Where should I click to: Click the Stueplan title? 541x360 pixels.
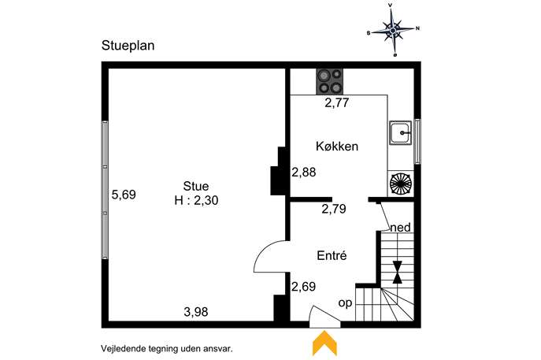[128, 46]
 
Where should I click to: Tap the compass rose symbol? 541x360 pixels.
[393, 31]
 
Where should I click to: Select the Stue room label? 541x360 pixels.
[196, 187]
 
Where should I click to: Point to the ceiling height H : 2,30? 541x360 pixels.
[196, 201]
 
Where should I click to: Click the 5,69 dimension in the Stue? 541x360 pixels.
[124, 195]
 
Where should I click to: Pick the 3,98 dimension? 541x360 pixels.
[196, 312]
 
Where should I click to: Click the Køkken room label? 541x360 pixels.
[337, 147]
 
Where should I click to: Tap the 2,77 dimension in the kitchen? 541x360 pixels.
[337, 103]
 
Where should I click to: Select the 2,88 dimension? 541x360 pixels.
[304, 173]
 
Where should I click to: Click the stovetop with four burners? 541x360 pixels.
[330, 81]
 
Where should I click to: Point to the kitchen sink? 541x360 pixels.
[401, 132]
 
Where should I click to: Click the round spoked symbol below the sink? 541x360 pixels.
[400, 184]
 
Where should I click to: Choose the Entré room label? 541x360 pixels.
[332, 256]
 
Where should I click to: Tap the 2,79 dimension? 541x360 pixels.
[334, 209]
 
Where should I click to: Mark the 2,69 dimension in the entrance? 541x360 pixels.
[304, 287]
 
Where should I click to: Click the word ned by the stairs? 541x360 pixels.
[401, 228]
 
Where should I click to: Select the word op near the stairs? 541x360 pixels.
[346, 303]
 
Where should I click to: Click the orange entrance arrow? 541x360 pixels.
[324, 343]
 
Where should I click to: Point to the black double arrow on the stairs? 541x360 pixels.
[398, 273]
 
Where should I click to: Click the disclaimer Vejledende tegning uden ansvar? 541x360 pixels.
[167, 349]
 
